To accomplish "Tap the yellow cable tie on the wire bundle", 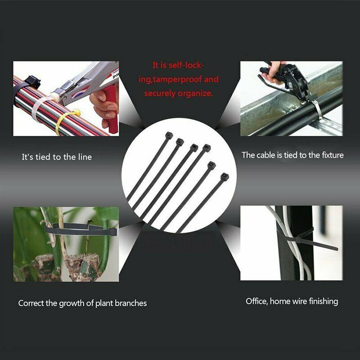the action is coord(67,121).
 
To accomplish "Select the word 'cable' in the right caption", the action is coord(266,155).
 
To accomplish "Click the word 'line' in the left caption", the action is coord(85,157).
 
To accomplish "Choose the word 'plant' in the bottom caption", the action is coord(104,303).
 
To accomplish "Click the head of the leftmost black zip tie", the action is coord(169,135).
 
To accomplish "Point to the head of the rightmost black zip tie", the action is coord(225,177).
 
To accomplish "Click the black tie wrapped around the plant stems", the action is coord(81,229).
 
